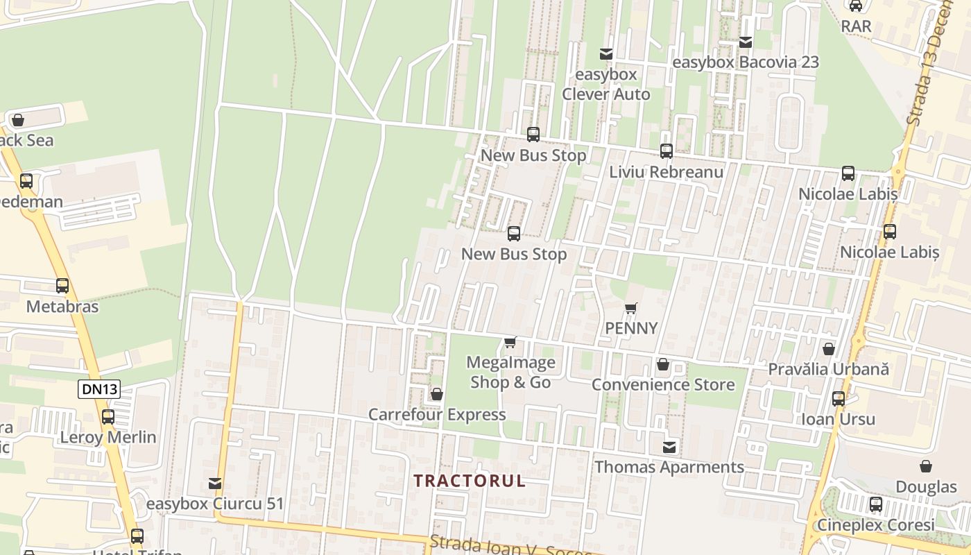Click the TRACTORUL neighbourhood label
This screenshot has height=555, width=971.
tap(470, 481)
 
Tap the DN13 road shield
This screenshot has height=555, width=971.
tap(100, 389)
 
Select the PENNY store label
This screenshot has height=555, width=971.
tap(631, 328)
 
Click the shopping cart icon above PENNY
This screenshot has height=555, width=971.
tap(630, 308)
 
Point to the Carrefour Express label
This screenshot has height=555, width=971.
tap(437, 415)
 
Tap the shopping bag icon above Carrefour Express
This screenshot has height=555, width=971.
tap(437, 394)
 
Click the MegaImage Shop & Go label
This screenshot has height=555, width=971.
tap(510, 373)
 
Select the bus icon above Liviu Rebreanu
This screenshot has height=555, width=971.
tap(667, 151)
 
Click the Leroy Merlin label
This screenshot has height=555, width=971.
tap(108, 438)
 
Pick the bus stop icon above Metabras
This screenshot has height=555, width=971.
tap(62, 285)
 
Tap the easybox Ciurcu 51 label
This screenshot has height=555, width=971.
tap(216, 504)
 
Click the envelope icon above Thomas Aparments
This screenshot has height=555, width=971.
tap(669, 447)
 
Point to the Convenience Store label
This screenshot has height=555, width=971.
tap(663, 385)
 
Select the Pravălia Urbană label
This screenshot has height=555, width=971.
tap(828, 369)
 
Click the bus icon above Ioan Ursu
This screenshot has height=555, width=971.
tap(839, 399)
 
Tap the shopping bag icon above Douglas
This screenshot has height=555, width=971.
tap(926, 466)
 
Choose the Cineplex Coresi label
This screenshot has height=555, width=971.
tap(876, 525)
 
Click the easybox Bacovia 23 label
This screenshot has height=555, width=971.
tap(746, 62)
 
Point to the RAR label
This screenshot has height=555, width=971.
tap(856, 26)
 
